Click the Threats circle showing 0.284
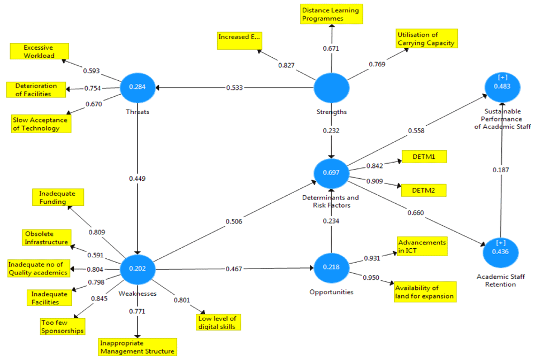coord(137,87)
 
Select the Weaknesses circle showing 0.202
coord(137,269)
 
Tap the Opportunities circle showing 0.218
coord(331,267)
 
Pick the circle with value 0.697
coord(331,173)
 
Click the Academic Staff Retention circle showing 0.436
coord(501,252)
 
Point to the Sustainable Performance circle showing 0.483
coord(502,87)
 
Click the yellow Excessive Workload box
coord(39,51)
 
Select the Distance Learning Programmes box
coord(332,14)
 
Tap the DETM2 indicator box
coord(424,190)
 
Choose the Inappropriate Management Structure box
coord(137,347)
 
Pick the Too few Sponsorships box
coord(63,327)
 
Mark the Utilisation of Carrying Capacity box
coord(426,39)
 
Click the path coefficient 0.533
coord(234,88)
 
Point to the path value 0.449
coord(137,179)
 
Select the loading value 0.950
coord(371,278)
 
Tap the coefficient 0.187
coord(501,170)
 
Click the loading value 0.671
coord(331,49)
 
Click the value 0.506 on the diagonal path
coord(234,221)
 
